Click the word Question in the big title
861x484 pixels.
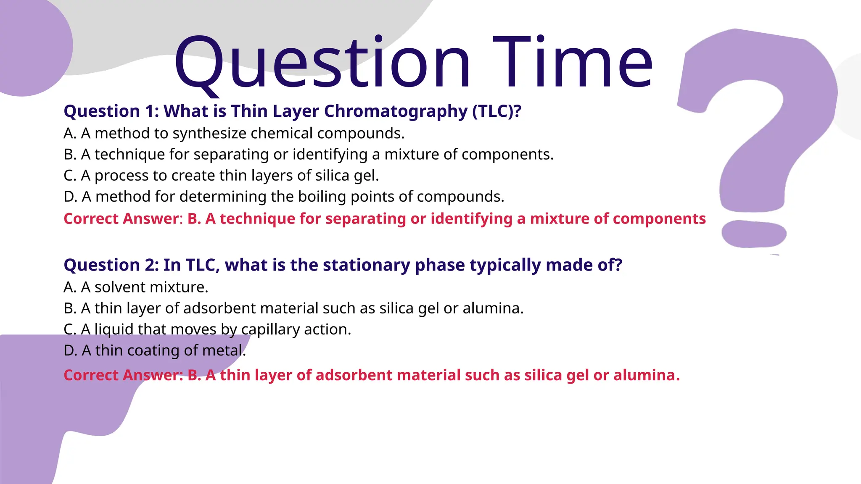point(322,63)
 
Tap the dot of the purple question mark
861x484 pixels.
point(754,234)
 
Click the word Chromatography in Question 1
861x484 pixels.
point(396,111)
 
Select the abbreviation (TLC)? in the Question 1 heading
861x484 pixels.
point(497,111)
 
